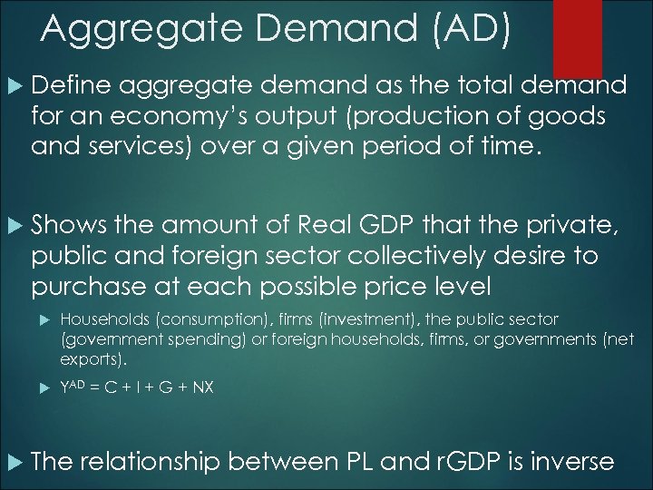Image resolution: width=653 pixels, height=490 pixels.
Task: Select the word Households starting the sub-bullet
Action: [101, 320]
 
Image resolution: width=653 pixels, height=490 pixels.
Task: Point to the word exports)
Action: [88, 358]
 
